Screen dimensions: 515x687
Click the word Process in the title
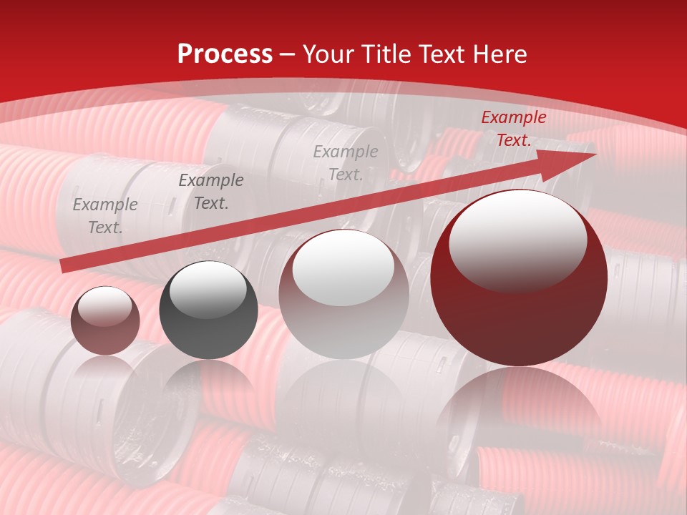(x=225, y=54)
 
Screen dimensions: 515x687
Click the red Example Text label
(x=514, y=129)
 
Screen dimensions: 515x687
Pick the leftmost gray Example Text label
(x=105, y=216)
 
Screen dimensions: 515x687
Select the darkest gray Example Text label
(x=211, y=192)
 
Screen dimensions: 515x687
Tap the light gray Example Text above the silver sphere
(x=346, y=162)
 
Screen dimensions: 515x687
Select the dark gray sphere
(x=208, y=310)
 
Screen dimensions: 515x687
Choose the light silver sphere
(x=343, y=294)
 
